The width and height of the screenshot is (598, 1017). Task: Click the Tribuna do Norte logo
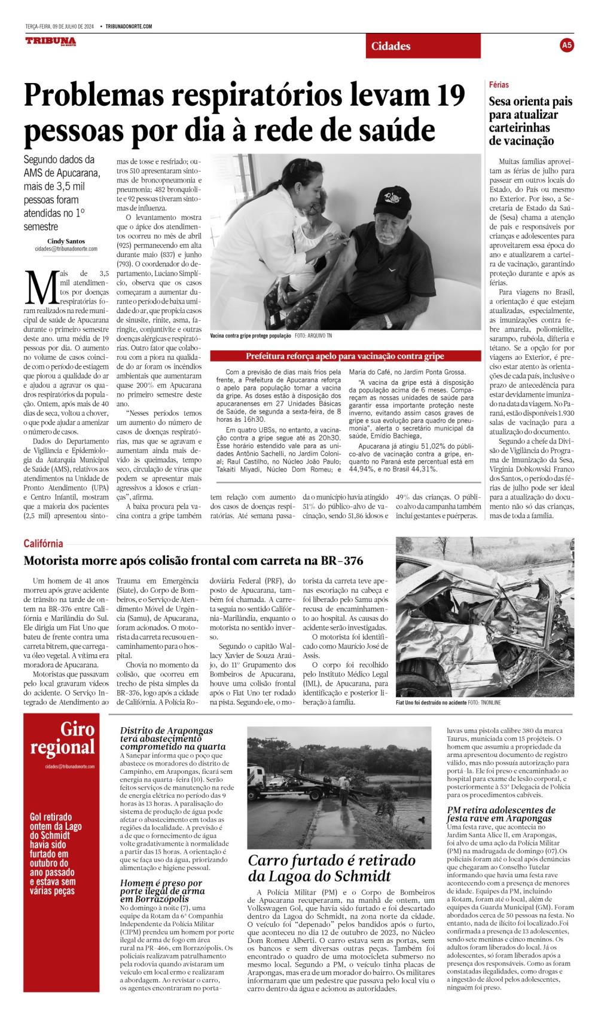coord(50,41)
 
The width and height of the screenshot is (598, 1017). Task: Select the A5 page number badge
coord(567,45)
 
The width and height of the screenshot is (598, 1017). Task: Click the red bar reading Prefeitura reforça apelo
coord(345,356)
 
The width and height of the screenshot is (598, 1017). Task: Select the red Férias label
coord(499,85)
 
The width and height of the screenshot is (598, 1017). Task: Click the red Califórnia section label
coord(43,543)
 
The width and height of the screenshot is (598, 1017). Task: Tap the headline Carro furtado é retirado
coord(331,868)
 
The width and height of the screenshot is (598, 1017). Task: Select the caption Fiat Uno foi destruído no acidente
coord(431,702)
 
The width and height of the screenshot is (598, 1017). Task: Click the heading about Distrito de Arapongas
coord(173,739)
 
